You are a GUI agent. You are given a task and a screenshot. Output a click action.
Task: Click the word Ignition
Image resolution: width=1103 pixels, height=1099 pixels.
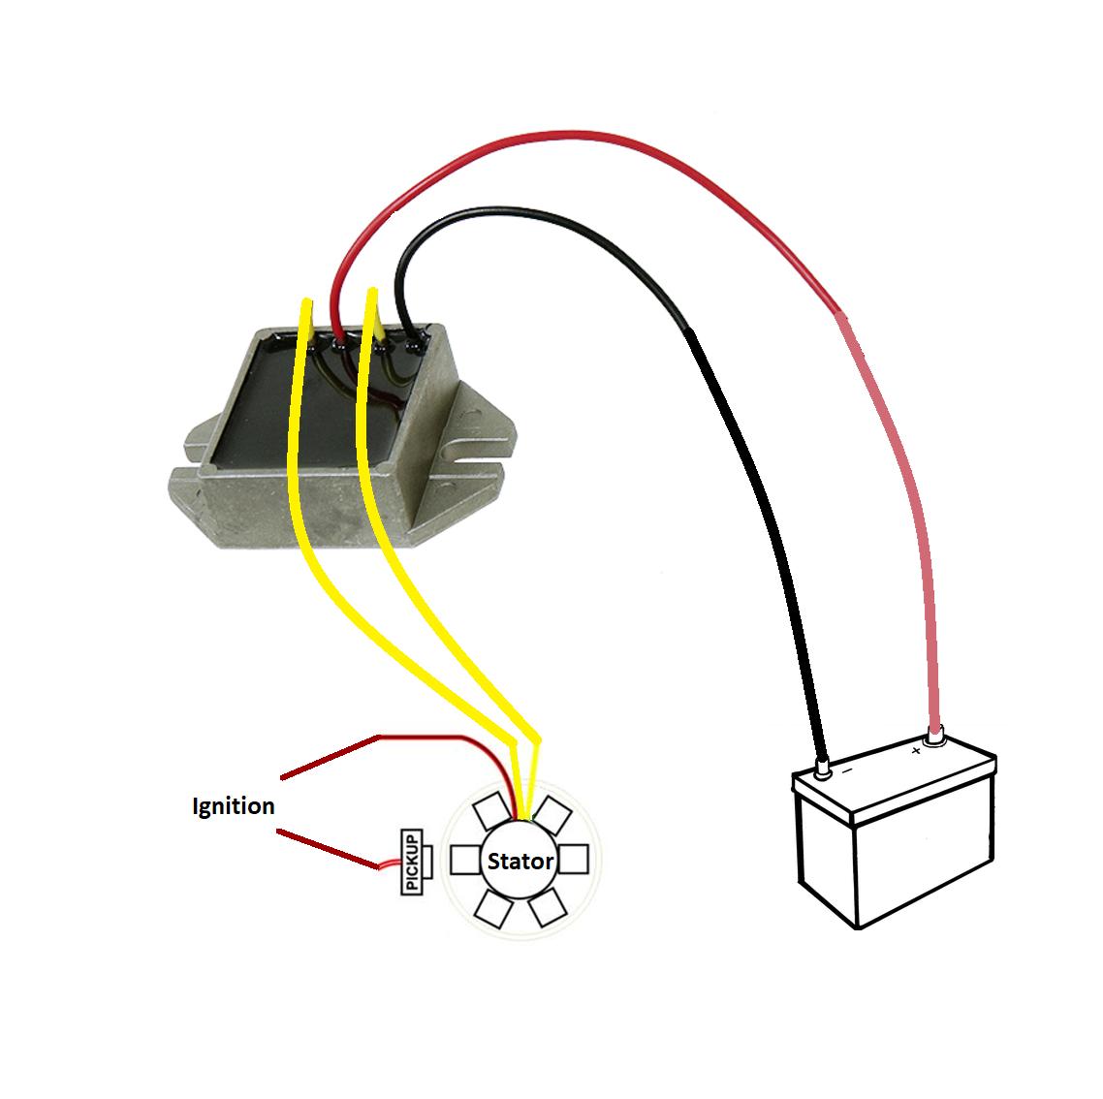point(233,805)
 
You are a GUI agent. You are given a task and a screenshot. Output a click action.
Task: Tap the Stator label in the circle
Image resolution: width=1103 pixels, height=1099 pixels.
point(520,861)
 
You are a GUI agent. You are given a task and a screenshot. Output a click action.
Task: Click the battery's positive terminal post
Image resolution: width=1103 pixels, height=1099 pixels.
point(935,739)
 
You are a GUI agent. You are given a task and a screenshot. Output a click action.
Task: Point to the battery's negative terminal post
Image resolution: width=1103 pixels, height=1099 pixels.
point(824,770)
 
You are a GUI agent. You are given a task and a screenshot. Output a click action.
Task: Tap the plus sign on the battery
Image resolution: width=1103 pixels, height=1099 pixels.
point(917,750)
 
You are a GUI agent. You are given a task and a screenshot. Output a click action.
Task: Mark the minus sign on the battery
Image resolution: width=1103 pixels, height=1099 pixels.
point(846,772)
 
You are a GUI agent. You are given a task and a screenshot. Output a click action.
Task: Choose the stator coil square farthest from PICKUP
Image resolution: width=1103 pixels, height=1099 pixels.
point(576,860)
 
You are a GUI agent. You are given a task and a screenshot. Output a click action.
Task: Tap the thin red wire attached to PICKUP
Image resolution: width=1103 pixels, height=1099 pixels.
point(390,864)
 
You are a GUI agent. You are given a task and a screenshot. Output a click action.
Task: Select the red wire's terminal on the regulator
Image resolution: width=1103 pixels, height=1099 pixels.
point(338,341)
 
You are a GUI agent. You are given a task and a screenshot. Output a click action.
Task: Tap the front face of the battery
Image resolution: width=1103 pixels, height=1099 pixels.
point(921,853)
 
